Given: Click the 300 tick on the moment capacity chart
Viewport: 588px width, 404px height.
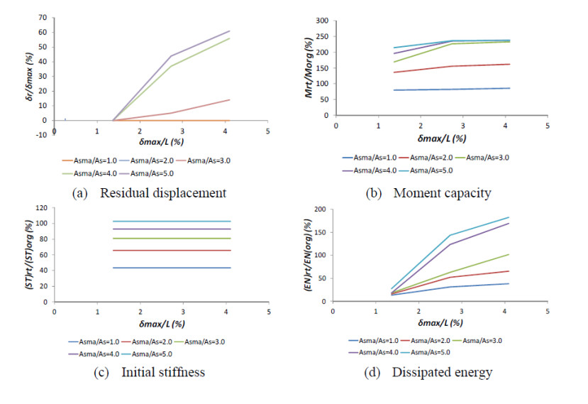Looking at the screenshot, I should pos(321,21).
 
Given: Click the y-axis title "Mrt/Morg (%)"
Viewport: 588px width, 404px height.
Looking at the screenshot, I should pos(306,67).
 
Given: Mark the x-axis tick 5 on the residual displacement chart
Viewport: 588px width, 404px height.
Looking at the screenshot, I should pos(268,133).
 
